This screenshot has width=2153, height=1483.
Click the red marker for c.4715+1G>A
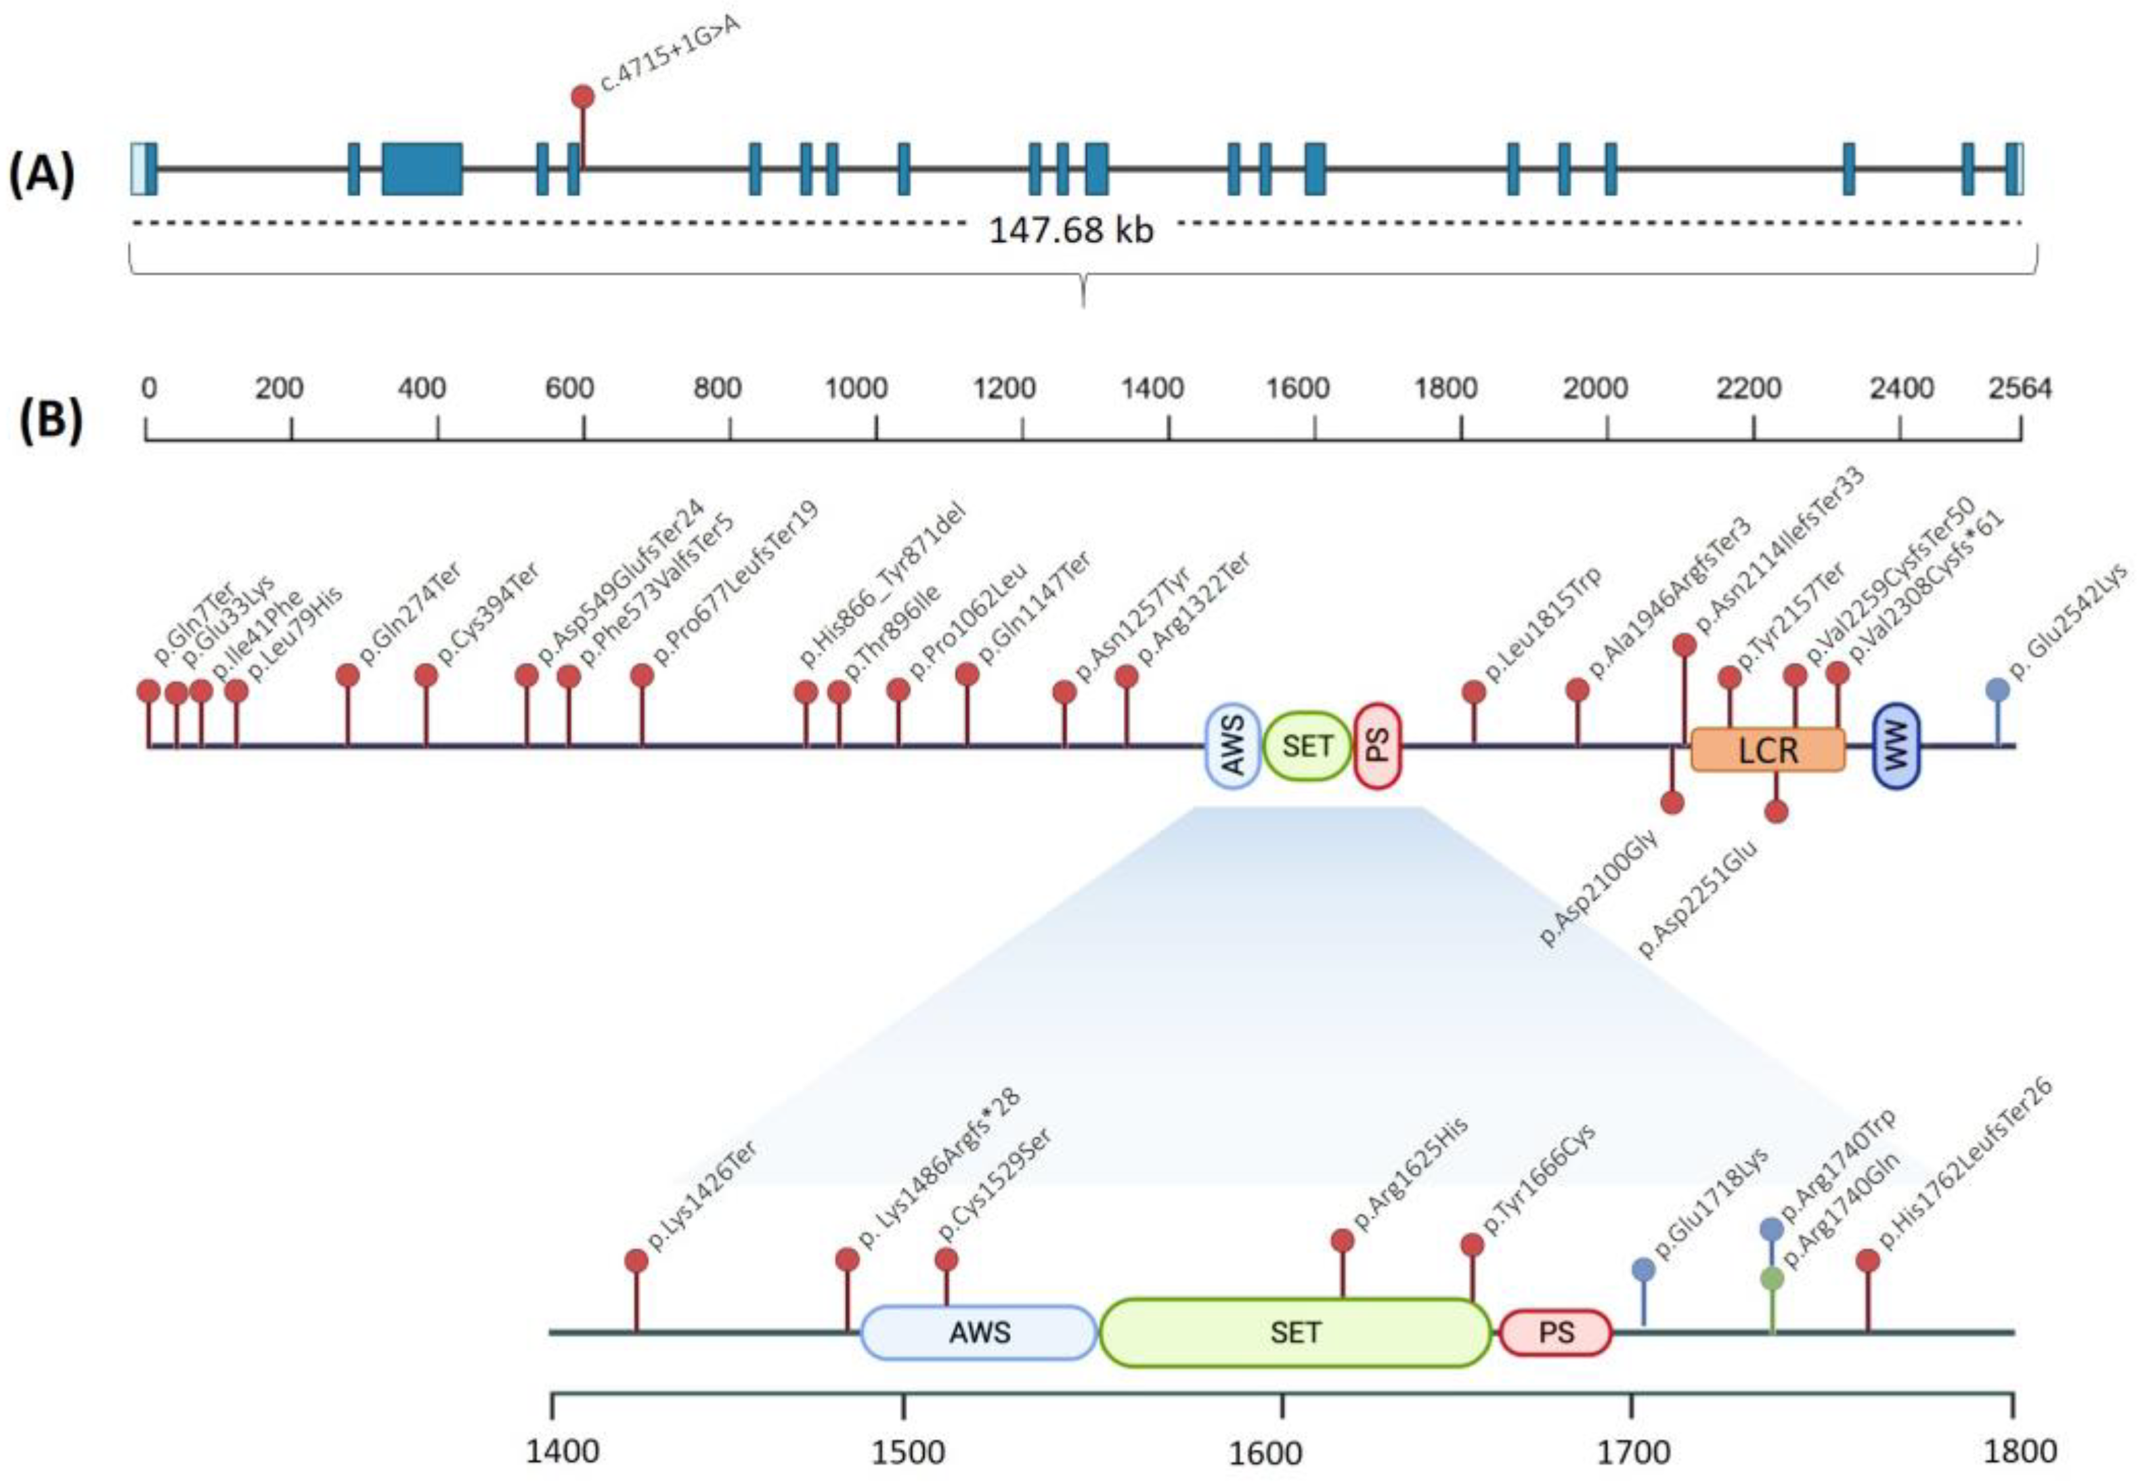pyautogui.click(x=582, y=97)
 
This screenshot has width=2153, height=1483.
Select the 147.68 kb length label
pyautogui.click(x=1071, y=230)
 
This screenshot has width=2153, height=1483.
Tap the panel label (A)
pyautogui.click(x=42, y=174)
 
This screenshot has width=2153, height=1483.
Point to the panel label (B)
pyautogui.click(x=51, y=419)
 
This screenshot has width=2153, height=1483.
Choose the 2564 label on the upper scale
pyautogui.click(x=2020, y=389)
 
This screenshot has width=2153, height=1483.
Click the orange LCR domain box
pyautogui.click(x=1768, y=750)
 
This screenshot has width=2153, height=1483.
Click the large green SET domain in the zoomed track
pyautogui.click(x=1295, y=1333)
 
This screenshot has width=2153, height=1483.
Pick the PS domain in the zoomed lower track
pyautogui.click(x=1556, y=1333)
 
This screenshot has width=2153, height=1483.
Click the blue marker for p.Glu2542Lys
pyautogui.click(x=1998, y=689)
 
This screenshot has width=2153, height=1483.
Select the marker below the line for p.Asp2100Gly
pyautogui.click(x=1672, y=803)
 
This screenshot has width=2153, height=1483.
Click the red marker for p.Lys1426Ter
pyautogui.click(x=636, y=1261)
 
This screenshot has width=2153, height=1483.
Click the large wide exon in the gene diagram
pyautogui.click(x=422, y=169)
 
